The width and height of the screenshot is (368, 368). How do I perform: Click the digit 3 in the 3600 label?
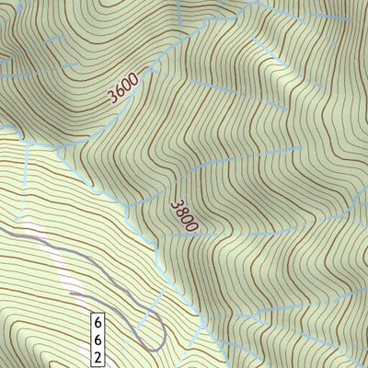112,96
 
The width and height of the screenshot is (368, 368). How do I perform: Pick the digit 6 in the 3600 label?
119,90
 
